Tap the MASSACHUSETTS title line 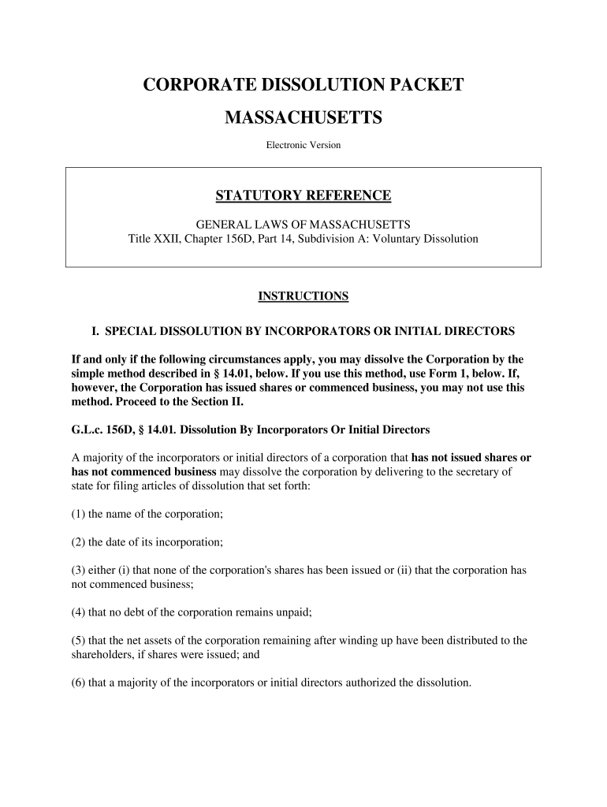pyautogui.click(x=303, y=117)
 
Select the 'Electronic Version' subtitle pyautogui.click(x=303, y=145)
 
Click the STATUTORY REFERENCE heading pyautogui.click(x=303, y=195)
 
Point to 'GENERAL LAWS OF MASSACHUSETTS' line pyautogui.click(x=303, y=224)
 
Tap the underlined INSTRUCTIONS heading pyautogui.click(x=303, y=296)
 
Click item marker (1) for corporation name pyautogui.click(x=79, y=514)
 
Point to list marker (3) pyautogui.click(x=79, y=570)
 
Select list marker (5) pyautogui.click(x=79, y=640)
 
